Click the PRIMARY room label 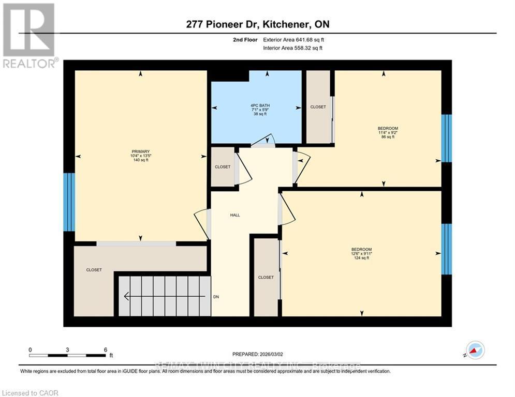[x=140, y=151]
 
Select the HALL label [x=235, y=215]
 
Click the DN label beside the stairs [x=216, y=297]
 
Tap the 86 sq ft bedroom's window [x=446, y=138]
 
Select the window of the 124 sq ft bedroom [x=446, y=249]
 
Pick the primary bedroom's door [x=202, y=223]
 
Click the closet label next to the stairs [x=94, y=270]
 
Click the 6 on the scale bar [x=105, y=349]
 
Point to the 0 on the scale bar [x=30, y=349]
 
